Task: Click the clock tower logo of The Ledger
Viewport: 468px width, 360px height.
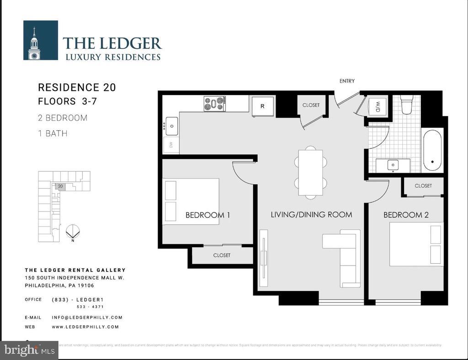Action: pos(40,40)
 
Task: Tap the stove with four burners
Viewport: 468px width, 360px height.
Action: pos(214,104)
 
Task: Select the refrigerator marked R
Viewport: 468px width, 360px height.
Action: pos(263,106)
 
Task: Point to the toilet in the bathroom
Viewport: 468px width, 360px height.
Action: pos(407,105)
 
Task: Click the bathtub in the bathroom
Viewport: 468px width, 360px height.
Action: pos(432,150)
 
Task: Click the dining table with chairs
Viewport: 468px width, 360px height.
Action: pos(311,173)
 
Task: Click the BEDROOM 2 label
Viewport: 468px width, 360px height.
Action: pos(406,215)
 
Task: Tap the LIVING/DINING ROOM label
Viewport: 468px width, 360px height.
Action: pos(311,214)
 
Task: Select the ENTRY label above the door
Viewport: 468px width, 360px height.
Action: pos(347,81)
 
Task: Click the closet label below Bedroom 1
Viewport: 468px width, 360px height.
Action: pos(222,255)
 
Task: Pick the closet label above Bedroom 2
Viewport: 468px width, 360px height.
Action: pos(423,186)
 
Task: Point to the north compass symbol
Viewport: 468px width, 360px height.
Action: pos(72,232)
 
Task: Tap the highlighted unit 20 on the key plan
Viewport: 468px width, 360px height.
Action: pos(60,186)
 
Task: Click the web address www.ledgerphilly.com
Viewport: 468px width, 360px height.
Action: pos(85,327)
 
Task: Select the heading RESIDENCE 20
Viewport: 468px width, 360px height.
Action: pos(77,87)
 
